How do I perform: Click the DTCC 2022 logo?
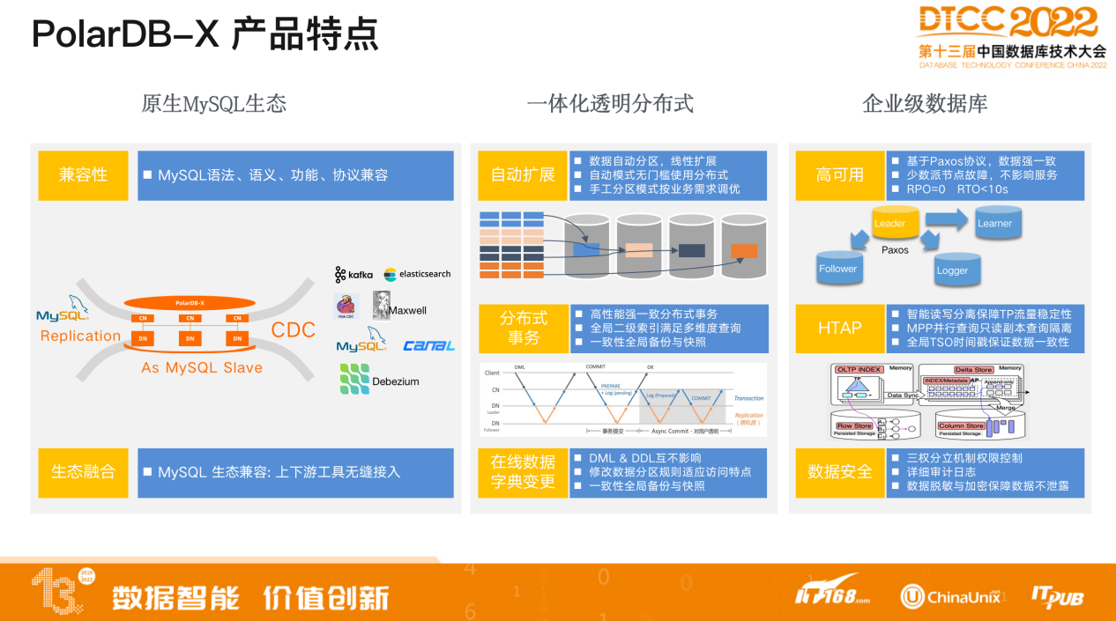coord(1011,35)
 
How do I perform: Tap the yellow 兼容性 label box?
coord(84,175)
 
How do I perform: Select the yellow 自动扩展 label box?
coord(523,175)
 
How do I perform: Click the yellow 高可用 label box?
coord(840,175)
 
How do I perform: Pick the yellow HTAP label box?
coord(840,328)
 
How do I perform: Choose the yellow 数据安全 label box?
coord(840,472)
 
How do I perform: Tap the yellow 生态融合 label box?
coord(84,472)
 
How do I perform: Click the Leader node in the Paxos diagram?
coord(890,224)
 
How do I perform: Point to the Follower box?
coord(837,269)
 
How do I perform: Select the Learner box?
coord(994,224)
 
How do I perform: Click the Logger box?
coord(952,270)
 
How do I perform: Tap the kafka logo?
coord(354,275)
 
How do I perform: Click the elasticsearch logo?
coord(417,274)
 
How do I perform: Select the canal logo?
coord(428,345)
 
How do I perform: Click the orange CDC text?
coord(293,330)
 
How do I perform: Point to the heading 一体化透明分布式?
coord(610,104)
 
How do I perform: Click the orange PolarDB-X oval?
coord(190,302)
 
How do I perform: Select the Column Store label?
coord(960,425)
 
